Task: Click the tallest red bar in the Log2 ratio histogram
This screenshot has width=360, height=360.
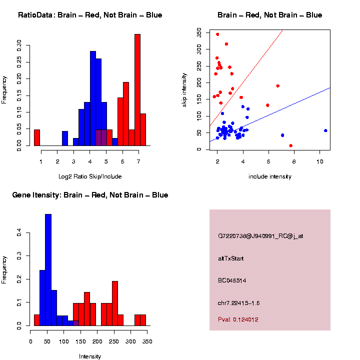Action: (137, 90)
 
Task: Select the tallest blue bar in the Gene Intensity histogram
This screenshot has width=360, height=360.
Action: (48, 270)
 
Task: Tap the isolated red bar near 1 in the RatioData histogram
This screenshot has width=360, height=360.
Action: (37, 137)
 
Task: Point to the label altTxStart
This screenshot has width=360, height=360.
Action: (230, 258)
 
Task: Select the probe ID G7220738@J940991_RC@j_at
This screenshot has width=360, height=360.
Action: (260, 236)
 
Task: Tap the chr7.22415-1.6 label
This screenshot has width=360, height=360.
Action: (238, 303)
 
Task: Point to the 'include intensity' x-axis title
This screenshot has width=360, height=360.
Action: (270, 176)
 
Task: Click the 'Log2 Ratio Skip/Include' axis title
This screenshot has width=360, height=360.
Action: (90, 176)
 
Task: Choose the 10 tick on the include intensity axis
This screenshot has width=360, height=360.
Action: (319, 161)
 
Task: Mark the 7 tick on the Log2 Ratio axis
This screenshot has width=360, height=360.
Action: (137, 161)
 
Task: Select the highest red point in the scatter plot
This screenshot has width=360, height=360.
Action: (217, 34)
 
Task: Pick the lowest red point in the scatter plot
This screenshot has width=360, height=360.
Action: (291, 145)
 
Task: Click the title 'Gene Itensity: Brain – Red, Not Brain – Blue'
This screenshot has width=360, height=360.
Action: (90, 195)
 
